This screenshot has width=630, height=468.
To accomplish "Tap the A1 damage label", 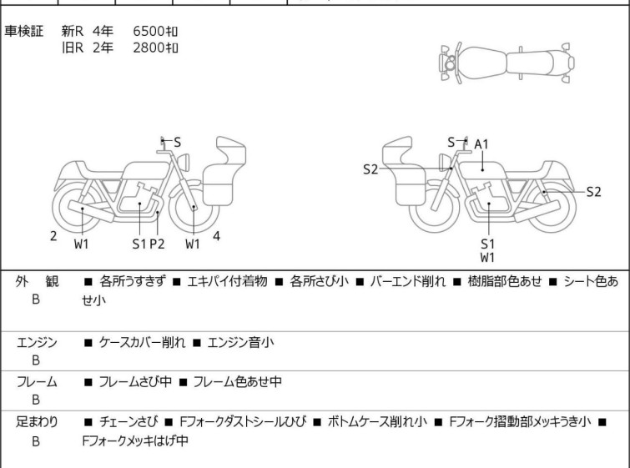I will point(481,144).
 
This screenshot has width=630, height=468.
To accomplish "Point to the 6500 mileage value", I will point(155,31).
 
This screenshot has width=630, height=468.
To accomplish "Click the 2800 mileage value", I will point(155,48).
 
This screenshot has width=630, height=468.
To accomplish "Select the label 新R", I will point(73,31).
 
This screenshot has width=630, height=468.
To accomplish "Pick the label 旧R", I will point(73,48).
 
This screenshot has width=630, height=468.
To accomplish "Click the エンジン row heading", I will point(37,342).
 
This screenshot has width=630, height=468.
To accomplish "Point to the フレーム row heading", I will point(37,383).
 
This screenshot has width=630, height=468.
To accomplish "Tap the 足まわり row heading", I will point(37,423).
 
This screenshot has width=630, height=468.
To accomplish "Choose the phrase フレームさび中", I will point(129,383).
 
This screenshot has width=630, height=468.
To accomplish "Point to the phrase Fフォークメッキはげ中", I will point(135,440).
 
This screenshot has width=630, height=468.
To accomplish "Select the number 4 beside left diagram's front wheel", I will point(216,236).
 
